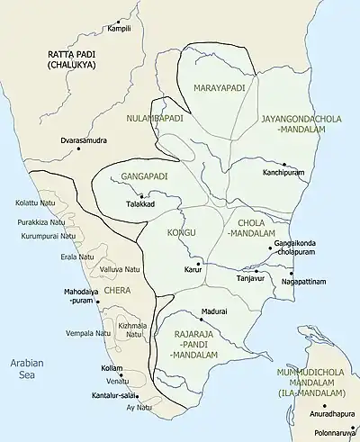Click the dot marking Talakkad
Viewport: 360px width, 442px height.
pos(141,195)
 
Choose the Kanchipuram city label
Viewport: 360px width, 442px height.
pos(261,171)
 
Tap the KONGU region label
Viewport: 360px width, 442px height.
pos(181,233)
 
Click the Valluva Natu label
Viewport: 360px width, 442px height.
pos(120,269)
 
